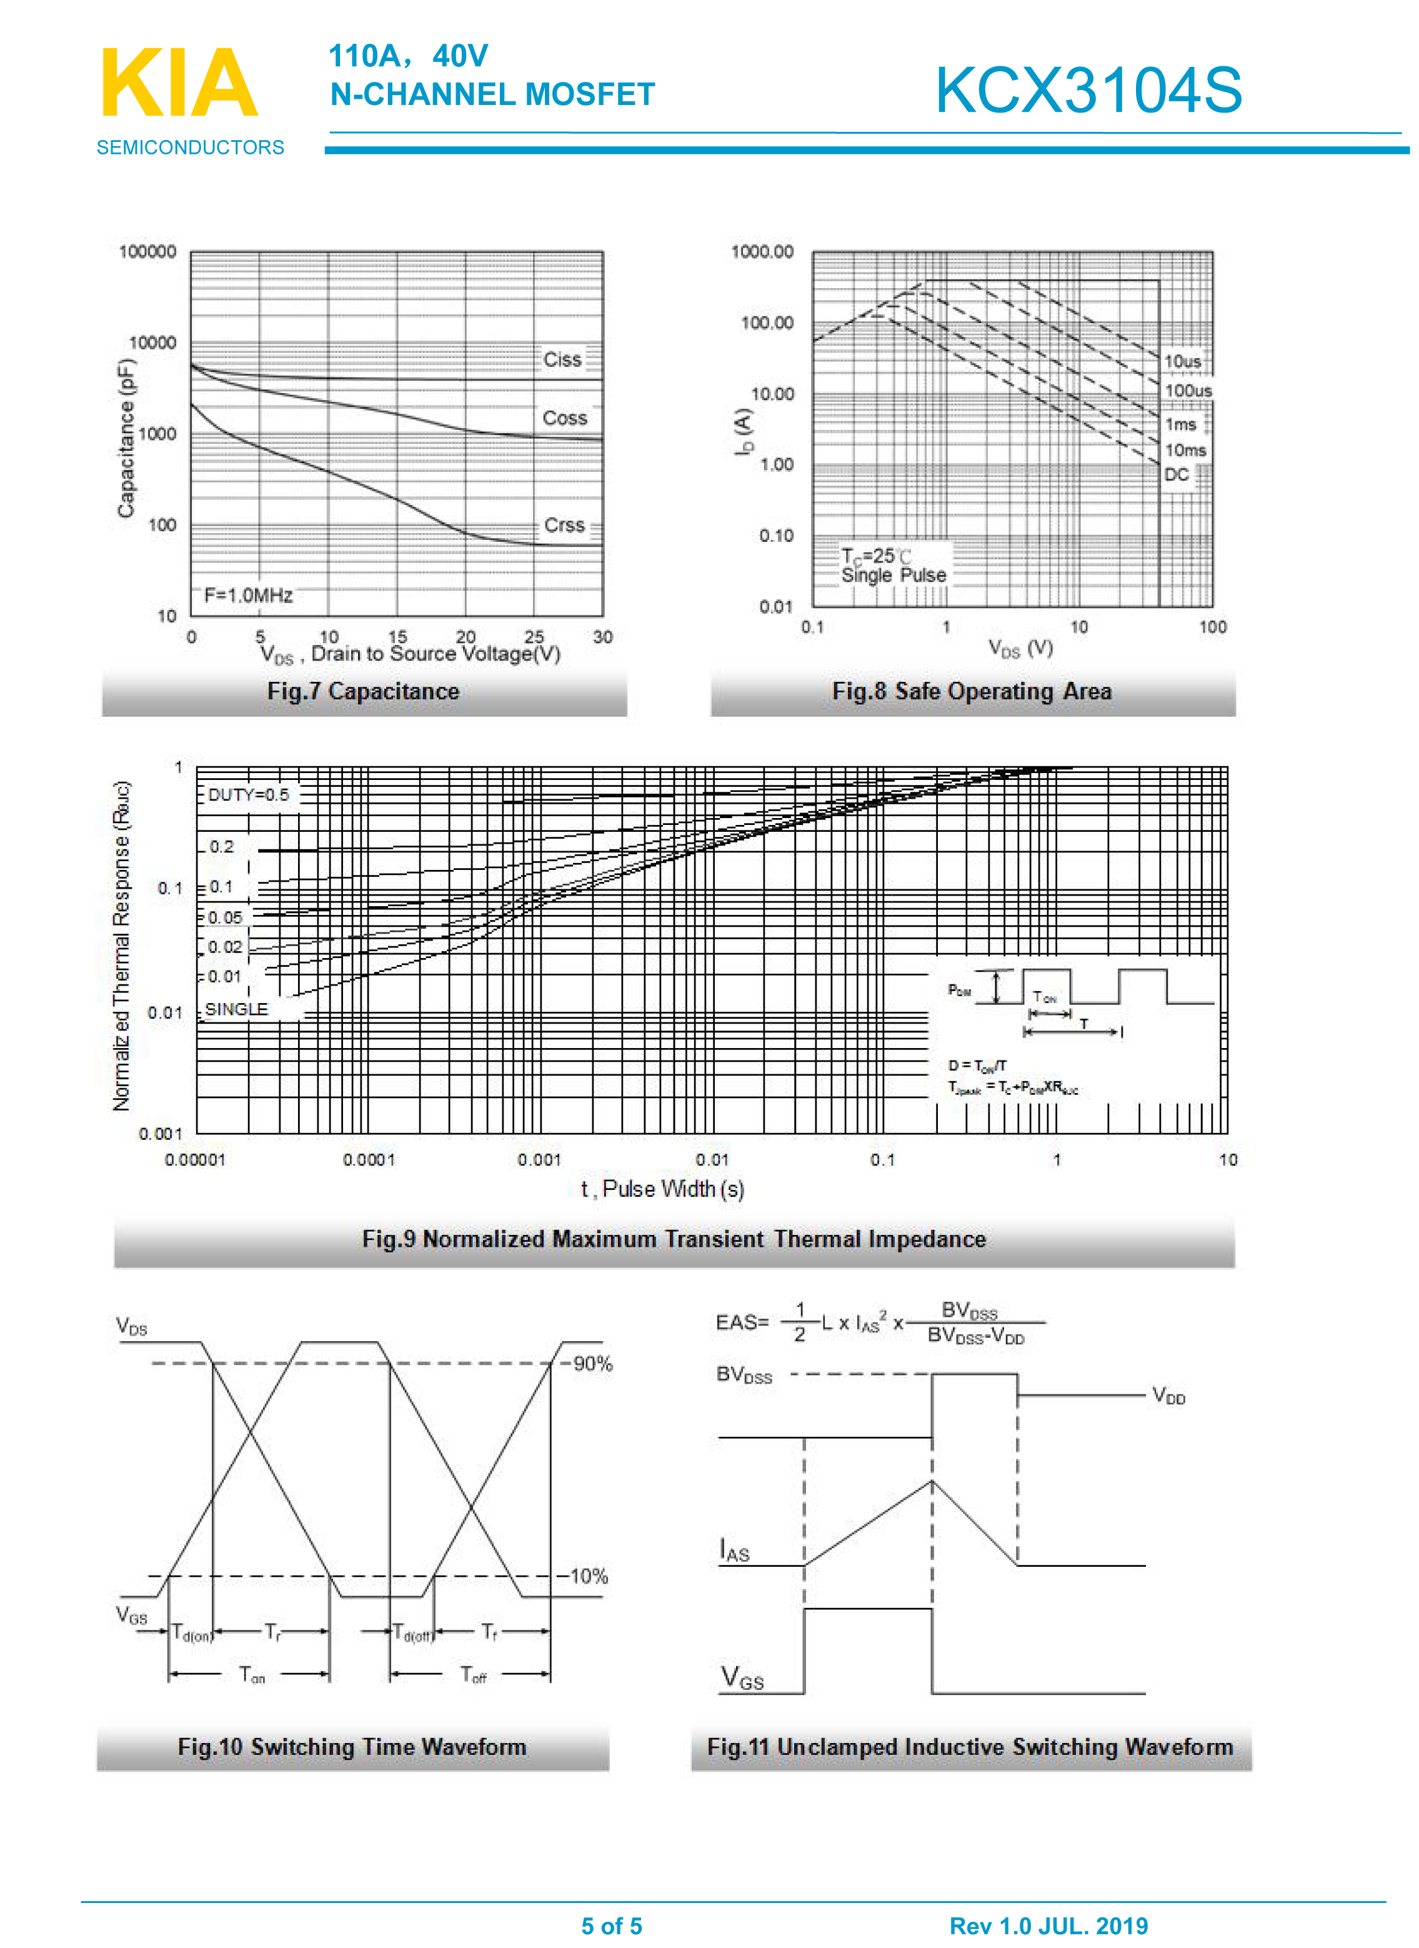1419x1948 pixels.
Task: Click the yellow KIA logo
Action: point(179,83)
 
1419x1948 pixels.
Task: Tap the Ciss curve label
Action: point(562,360)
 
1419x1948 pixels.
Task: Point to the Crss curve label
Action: point(564,525)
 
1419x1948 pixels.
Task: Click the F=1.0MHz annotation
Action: point(248,595)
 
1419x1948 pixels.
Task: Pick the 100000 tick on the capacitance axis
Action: point(147,252)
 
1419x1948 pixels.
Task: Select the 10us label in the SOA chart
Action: point(1182,362)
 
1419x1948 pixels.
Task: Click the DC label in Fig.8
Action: point(1176,475)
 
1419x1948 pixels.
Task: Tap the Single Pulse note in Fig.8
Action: point(894,576)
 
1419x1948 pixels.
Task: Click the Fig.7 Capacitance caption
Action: point(363,691)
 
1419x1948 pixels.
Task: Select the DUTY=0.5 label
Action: point(248,794)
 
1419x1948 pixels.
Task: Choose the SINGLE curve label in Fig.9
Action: point(236,1009)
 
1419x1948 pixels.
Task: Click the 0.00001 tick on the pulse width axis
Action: point(195,1159)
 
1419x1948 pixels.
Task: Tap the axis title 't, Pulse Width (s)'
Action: point(662,1189)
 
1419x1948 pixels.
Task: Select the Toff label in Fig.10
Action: point(473,1674)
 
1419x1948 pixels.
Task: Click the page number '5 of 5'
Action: point(612,1926)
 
